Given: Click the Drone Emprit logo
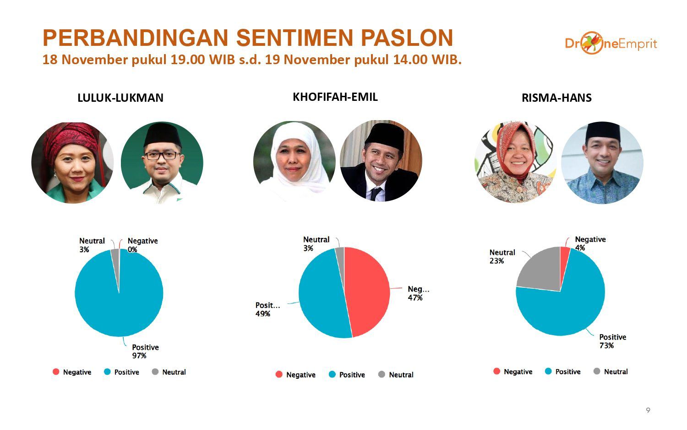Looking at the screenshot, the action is pyautogui.click(x=611, y=43).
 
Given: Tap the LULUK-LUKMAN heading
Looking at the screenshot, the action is pyautogui.click(x=120, y=98).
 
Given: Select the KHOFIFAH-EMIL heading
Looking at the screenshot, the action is pyautogui.click(x=335, y=97).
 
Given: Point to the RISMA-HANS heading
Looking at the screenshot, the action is pyautogui.click(x=556, y=98).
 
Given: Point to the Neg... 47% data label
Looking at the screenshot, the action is pyautogui.click(x=418, y=293).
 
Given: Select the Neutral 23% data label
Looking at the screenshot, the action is pyautogui.click(x=502, y=257).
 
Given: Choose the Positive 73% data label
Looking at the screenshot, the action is pyautogui.click(x=612, y=341).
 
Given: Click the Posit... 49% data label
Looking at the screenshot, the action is pyautogui.click(x=267, y=309).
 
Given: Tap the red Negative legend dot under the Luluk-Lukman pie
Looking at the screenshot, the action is pyautogui.click(x=56, y=372).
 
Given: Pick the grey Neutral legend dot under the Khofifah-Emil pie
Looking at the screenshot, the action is pyautogui.click(x=382, y=374).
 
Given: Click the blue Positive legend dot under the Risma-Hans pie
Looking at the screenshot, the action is pyautogui.click(x=548, y=371).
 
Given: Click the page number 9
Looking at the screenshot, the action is pyautogui.click(x=648, y=410).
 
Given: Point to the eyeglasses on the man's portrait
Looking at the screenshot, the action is pyautogui.click(x=162, y=155).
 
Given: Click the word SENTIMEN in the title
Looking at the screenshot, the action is pyautogui.click(x=294, y=38).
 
